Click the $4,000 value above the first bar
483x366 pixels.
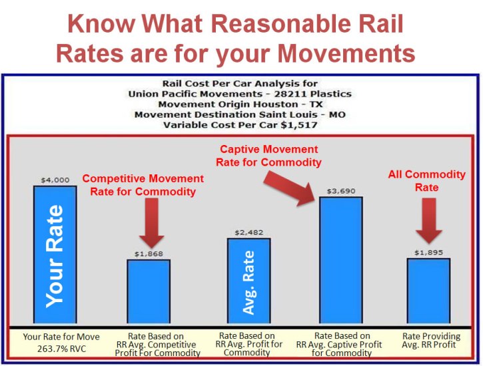[x=55, y=180]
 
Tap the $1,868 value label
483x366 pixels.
[x=149, y=254]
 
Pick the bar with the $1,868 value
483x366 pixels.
[x=149, y=293]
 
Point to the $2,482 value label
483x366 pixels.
[x=248, y=232]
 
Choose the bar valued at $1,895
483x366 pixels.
[x=428, y=292]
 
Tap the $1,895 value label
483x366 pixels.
[x=428, y=253]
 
